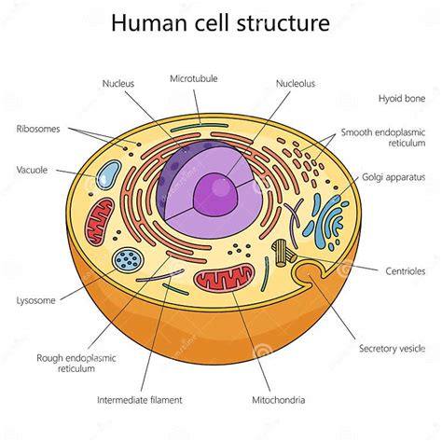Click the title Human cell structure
coord(220,22)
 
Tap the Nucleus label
coord(117,83)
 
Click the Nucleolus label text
coord(296,83)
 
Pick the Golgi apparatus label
coord(394,176)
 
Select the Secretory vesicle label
coord(392,349)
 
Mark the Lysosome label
coord(35,300)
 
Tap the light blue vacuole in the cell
coord(110,175)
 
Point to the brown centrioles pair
coord(284,252)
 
